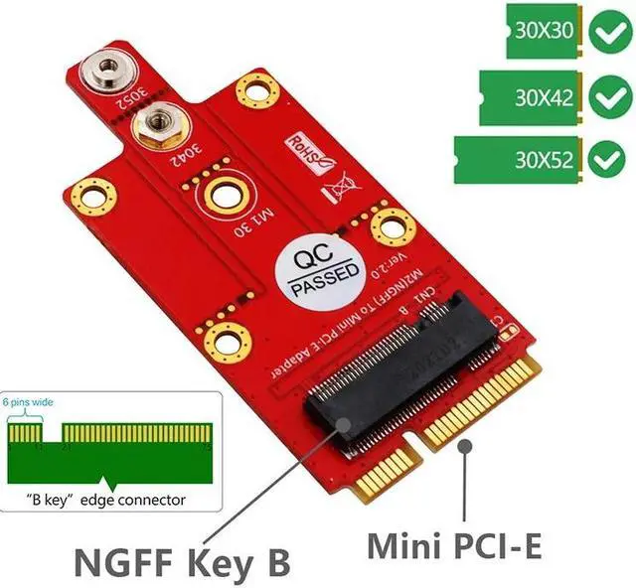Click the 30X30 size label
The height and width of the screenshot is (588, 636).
point(542,29)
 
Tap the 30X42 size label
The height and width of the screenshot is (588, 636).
point(543,97)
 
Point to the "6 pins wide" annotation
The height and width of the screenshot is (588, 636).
point(27,402)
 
